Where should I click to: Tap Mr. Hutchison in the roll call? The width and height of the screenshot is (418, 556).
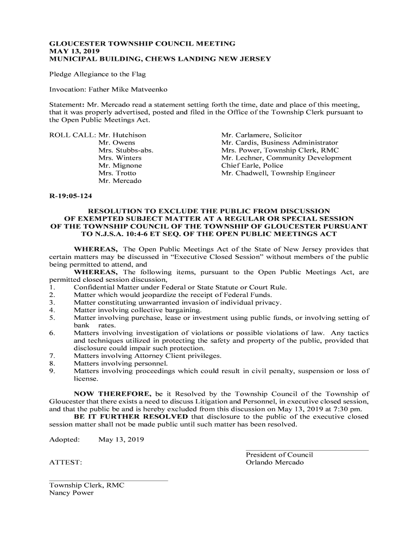tap(122, 135)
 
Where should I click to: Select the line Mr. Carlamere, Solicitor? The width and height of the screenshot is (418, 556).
tap(262, 135)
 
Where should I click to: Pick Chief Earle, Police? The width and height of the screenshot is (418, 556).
tap(252, 165)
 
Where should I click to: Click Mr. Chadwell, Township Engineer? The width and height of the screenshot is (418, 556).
tap(278, 173)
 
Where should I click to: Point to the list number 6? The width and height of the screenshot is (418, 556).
tap(51, 333)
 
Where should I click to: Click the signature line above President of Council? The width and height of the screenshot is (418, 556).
tap(307, 450)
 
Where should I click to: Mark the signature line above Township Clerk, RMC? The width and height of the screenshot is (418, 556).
tap(109, 481)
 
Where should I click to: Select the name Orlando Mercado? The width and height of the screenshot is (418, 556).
tap(275, 463)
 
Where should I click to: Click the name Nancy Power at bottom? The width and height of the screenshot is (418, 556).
tap(71, 493)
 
